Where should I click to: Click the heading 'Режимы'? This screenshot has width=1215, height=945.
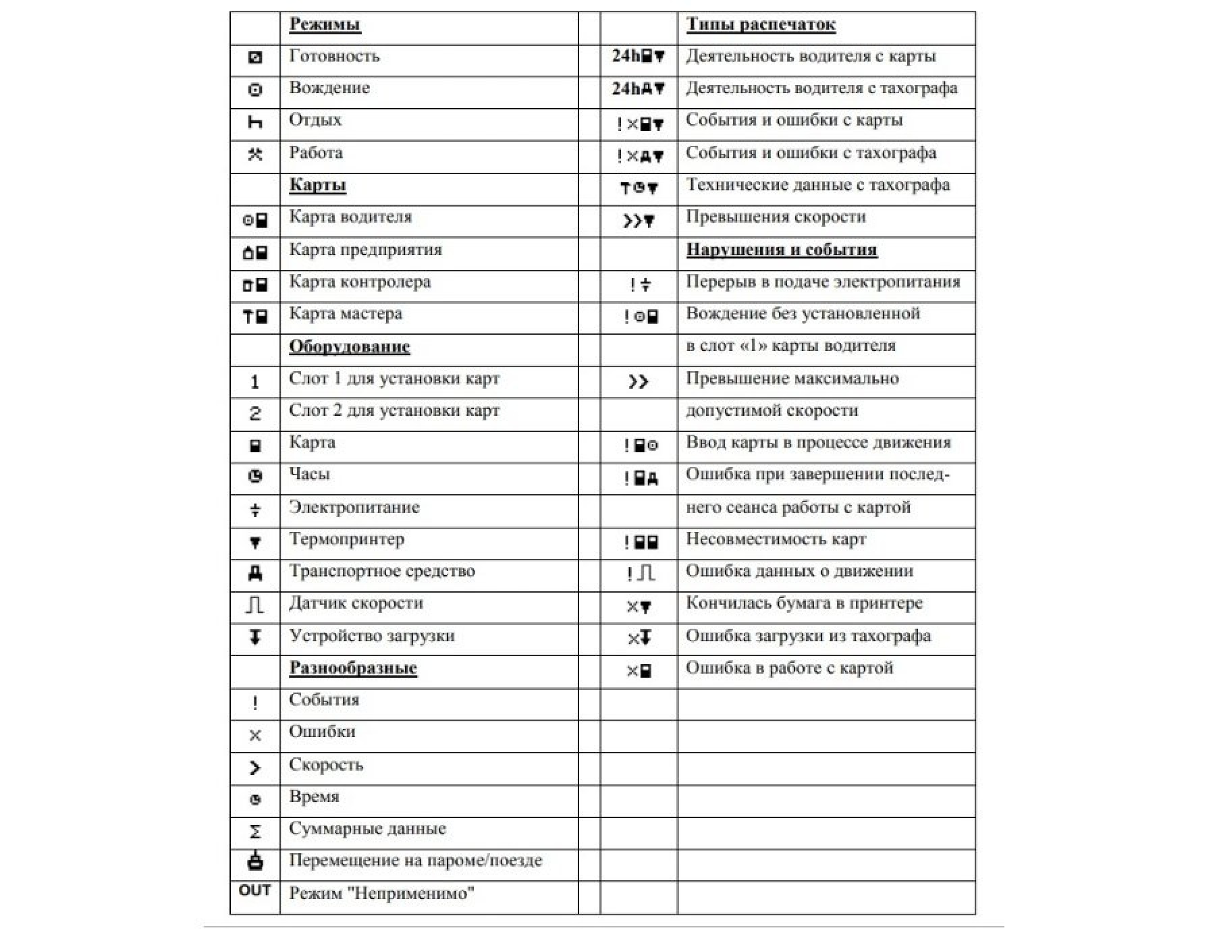[x=325, y=24]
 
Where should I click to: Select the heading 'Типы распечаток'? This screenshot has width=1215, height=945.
[x=761, y=24]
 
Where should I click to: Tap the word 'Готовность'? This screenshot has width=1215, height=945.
[x=334, y=56]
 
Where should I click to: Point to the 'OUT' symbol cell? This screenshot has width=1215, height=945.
[x=254, y=890]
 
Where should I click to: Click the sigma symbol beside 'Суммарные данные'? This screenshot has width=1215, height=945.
[x=255, y=832]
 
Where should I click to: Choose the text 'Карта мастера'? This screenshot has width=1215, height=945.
[x=346, y=314]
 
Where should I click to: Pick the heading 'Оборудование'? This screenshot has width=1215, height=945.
[x=350, y=347]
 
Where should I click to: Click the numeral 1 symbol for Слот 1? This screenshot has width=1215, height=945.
[x=254, y=382]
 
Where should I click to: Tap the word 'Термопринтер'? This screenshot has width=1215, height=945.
[x=347, y=539]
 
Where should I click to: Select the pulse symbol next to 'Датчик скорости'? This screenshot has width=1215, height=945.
[x=254, y=605]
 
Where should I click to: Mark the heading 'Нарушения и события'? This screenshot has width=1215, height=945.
[x=782, y=250]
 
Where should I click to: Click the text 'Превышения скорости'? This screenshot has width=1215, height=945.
[x=776, y=217]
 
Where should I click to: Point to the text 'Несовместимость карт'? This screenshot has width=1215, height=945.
[x=776, y=539]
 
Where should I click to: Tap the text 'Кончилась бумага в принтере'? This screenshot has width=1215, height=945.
[x=804, y=603]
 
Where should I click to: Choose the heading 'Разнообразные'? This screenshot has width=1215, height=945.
[x=353, y=668]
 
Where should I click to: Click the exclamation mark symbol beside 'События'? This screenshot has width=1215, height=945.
[x=254, y=703]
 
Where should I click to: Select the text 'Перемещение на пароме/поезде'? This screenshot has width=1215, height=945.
[x=415, y=861]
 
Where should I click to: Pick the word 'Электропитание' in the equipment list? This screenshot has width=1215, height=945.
[x=354, y=508]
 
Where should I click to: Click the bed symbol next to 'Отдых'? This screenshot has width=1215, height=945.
[x=255, y=122]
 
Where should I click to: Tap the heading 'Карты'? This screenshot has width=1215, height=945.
[x=317, y=186]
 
